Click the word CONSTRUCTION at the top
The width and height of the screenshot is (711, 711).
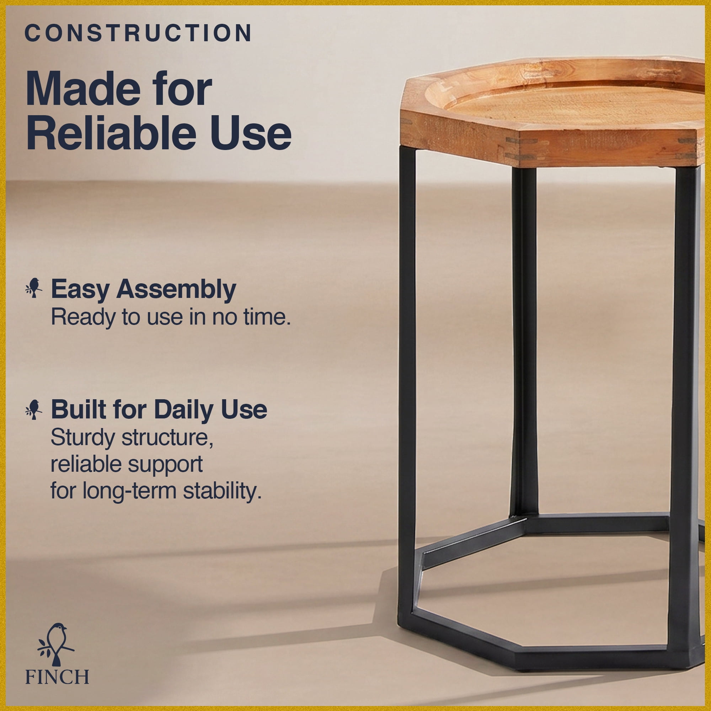138,33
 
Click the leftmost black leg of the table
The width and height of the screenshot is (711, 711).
407,383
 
